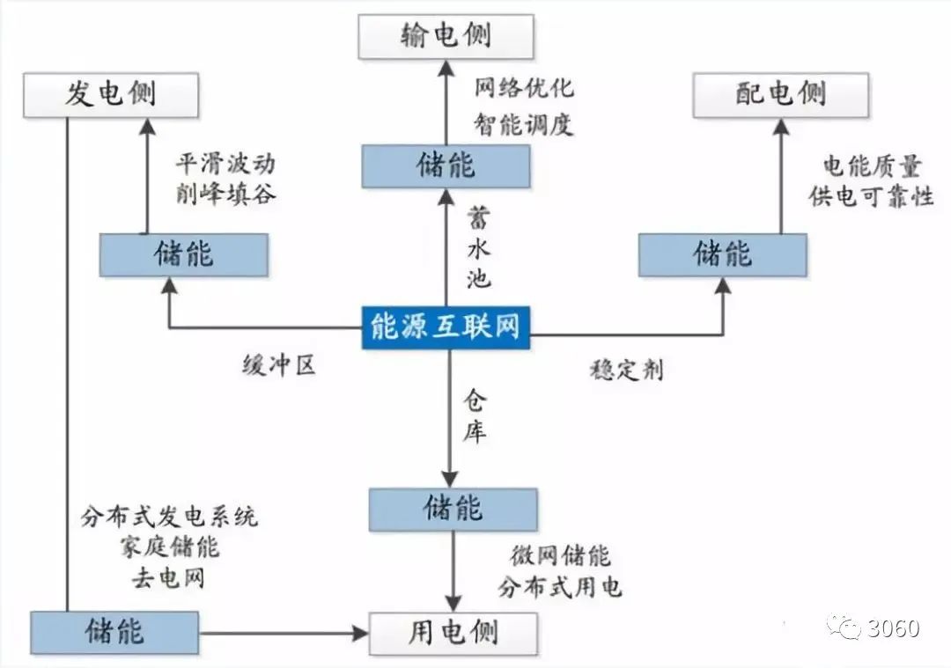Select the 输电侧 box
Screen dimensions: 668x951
446,36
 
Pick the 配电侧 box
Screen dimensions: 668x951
780,94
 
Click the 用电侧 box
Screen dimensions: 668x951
453,632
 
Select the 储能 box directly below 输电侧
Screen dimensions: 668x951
446,165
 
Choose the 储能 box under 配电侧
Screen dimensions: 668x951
722,254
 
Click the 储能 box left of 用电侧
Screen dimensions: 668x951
114,632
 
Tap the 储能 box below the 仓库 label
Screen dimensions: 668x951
453,509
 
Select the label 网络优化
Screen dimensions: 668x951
524,88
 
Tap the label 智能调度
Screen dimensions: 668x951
524,124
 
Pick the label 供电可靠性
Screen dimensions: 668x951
871,197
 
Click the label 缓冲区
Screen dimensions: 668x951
279,366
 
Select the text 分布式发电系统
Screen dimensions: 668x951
169,517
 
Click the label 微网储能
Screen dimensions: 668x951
560,556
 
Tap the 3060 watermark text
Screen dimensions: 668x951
893,628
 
